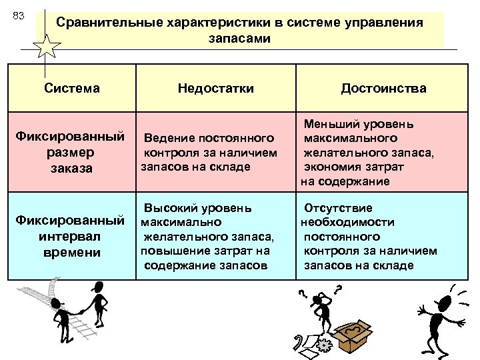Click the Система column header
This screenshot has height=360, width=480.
[x=71, y=88]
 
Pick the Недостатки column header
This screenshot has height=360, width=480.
[x=215, y=88]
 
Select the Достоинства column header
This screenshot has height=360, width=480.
[x=383, y=88]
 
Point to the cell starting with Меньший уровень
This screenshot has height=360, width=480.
[x=368, y=153]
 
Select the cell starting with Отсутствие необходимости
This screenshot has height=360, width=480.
[x=369, y=236]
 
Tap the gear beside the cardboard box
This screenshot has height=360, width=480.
[x=325, y=345]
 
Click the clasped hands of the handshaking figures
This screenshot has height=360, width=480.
[x=79, y=310]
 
